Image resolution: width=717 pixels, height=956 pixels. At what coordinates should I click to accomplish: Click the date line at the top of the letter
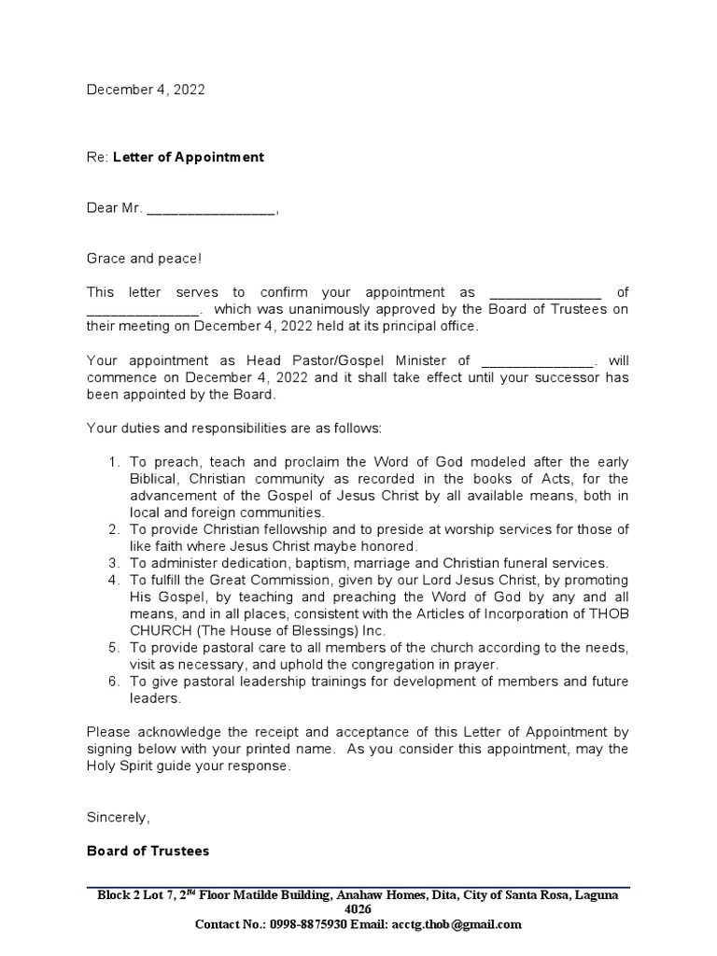tap(146, 90)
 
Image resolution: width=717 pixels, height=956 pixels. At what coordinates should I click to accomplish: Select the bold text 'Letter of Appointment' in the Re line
tap(189, 157)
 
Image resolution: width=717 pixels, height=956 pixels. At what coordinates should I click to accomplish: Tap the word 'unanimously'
tap(302, 309)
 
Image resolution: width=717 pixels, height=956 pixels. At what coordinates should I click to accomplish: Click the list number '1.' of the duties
tap(114, 462)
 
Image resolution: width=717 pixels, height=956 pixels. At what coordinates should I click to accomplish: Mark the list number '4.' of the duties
tap(114, 580)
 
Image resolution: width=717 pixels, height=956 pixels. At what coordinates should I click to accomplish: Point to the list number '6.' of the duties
tap(114, 682)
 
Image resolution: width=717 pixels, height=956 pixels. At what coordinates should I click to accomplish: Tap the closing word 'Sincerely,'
tap(118, 817)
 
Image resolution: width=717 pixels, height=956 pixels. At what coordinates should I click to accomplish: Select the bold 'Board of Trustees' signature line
tap(148, 851)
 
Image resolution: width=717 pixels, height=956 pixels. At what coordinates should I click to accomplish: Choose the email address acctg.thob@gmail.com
tap(452, 924)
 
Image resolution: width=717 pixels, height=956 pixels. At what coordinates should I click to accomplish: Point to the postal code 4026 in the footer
tap(358, 909)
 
